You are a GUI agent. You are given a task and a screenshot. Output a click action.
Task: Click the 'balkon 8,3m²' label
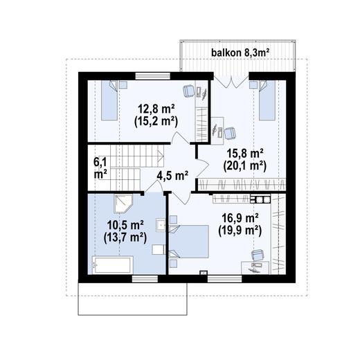pos(240,53)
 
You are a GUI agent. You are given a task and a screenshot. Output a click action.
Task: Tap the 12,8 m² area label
pos(156,109)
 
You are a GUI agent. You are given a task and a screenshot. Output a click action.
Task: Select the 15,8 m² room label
pos(245,154)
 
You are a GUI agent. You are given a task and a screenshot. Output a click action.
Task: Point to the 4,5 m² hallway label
pos(172,176)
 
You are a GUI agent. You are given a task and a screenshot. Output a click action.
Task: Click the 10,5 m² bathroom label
pos(125,225)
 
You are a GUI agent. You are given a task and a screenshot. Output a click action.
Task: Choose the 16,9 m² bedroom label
pos(240,217)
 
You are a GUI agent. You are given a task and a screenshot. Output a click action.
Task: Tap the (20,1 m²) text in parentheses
pos(244,166)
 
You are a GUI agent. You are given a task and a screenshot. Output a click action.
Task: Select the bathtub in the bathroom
pos(112,264)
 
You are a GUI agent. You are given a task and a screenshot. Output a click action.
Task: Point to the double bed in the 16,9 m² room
pos(189,242)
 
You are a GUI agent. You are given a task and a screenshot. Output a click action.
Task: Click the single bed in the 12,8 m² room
pos(109,100)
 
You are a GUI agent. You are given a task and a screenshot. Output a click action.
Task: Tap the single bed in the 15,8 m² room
pos(267,100)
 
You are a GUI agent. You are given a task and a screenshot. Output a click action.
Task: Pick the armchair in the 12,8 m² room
pos(189,91)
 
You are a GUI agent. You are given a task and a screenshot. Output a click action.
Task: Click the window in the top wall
pos(152,76)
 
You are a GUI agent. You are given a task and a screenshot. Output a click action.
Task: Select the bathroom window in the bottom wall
pos(145,279)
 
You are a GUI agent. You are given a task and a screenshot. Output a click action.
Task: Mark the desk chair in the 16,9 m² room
pos(258,255)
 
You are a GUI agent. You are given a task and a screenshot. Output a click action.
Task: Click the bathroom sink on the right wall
pos(161,224)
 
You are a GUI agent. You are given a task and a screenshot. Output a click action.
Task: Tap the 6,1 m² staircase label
pos(100,168)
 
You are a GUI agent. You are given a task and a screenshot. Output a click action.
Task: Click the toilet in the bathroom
pos(159,250)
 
